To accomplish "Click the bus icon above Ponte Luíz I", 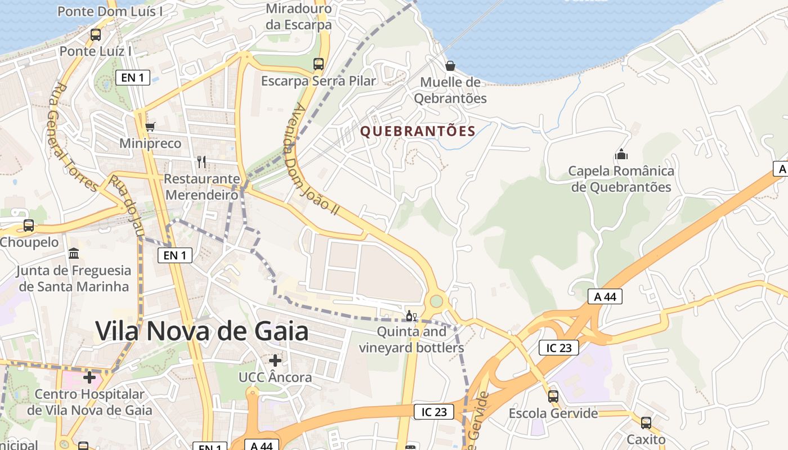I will [x=96, y=35].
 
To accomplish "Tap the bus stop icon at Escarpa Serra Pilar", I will [x=319, y=64].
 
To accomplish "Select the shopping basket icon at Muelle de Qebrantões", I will [x=450, y=66].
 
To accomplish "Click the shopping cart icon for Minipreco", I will [x=150, y=127].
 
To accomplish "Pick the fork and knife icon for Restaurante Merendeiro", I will [x=202, y=162].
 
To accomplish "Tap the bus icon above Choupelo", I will [x=28, y=226].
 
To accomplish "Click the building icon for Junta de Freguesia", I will [x=74, y=254].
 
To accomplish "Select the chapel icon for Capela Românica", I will [x=621, y=154].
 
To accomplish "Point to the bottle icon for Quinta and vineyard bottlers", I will [x=411, y=316].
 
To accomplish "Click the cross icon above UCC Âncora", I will [x=275, y=360].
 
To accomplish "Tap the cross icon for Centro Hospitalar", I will [x=89, y=377].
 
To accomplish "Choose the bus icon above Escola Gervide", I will [x=553, y=397].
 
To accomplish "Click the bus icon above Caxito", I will [x=646, y=422].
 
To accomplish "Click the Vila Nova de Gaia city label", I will [x=202, y=331].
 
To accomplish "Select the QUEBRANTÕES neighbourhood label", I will [x=418, y=132].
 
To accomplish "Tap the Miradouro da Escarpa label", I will [x=299, y=17].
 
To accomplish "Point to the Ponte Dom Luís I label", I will [x=110, y=11].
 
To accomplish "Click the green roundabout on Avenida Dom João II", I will [x=436, y=301].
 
